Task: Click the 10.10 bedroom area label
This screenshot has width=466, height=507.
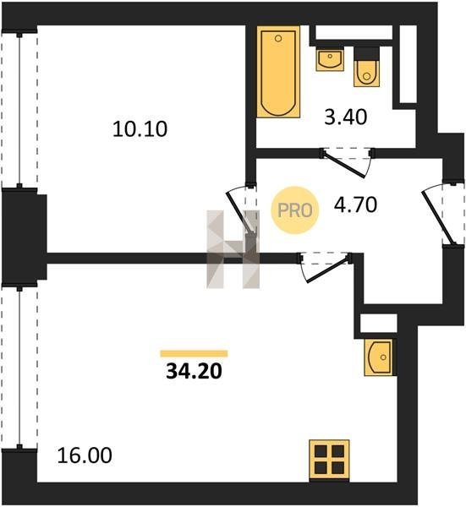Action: pyautogui.click(x=140, y=129)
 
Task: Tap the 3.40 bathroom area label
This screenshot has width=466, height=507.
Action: pyautogui.click(x=346, y=117)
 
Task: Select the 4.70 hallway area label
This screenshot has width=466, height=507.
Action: pyautogui.click(x=355, y=204)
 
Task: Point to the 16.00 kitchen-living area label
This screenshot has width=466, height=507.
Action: pyautogui.click(x=85, y=455)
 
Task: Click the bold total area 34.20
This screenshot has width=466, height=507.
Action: pyautogui.click(x=194, y=371)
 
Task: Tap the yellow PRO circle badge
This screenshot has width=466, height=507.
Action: pyautogui.click(x=295, y=210)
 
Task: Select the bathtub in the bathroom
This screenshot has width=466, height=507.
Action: pyautogui.click(x=278, y=72)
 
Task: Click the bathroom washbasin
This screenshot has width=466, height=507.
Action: pyautogui.click(x=330, y=59)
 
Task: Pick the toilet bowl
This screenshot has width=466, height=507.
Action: pyautogui.click(x=367, y=74)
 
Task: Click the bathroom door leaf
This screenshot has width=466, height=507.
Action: pyautogui.click(x=344, y=166)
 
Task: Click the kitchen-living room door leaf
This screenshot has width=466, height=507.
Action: pyautogui.click(x=328, y=269)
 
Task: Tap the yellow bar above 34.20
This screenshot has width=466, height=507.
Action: pyautogui.click(x=194, y=354)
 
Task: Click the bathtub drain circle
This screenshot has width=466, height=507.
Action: pyautogui.click(x=277, y=39)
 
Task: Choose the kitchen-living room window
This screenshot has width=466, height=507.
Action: pyautogui.click(x=19, y=366)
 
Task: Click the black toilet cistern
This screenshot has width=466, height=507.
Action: pyautogui.click(x=367, y=54)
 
